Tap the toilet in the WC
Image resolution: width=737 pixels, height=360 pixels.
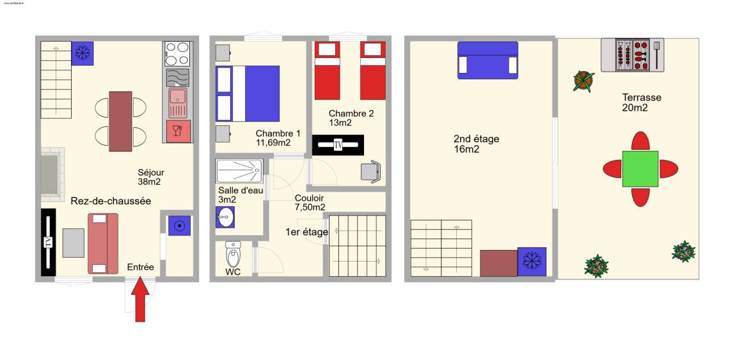tap(233, 254)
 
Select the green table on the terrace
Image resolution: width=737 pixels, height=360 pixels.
tap(640, 169)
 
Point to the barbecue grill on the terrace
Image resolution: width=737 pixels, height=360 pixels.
tap(633, 55)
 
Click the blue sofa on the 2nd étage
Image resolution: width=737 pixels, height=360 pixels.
tap(488, 60)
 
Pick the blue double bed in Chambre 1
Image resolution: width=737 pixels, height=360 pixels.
tap(248, 93)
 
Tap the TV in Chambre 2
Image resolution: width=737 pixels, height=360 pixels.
tap(338, 145)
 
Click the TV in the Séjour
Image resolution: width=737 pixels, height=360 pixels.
tap(48, 242)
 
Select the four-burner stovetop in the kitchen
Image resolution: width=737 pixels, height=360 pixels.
tap(177, 54)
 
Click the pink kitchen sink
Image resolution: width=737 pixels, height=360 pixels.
tap(178, 103)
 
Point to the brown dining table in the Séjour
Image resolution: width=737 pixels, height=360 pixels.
tap(120, 121)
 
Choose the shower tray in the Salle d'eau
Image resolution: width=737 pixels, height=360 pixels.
tap(239, 171)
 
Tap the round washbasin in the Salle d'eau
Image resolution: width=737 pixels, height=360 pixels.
tap(225, 217)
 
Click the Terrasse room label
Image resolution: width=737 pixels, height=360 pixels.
tap(642, 102)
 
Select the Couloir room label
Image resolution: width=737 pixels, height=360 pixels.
tap(310, 203)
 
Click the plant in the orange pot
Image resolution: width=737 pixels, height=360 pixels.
tap(583, 81)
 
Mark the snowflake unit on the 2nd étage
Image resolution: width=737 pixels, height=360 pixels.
tap(532, 262)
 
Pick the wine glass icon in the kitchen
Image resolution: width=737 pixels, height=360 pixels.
tap(177, 130)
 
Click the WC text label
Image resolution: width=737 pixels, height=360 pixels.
tap(233, 272)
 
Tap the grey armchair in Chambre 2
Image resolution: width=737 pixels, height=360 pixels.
tap(371, 171)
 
